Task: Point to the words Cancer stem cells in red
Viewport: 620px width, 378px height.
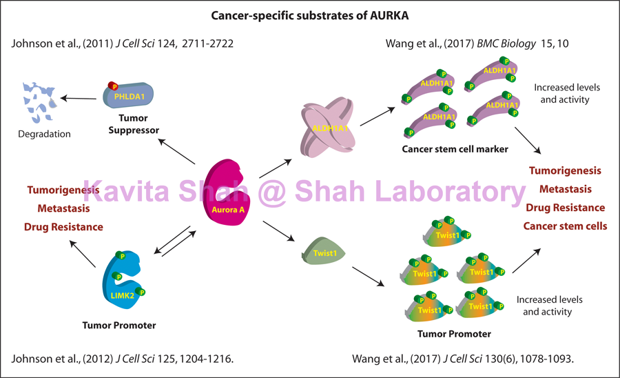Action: pyautogui.click(x=565, y=226)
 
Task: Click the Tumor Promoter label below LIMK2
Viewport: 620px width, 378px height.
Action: pyautogui.click(x=120, y=325)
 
